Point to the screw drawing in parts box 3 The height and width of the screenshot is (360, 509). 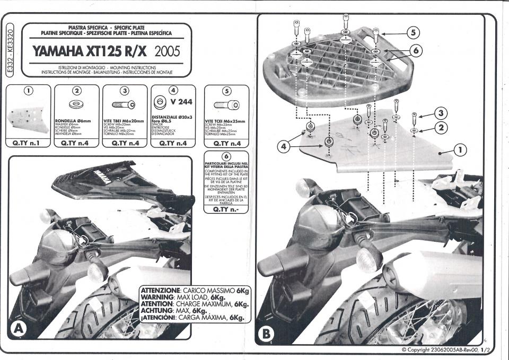click(124, 104)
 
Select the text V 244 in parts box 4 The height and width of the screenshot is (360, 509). click(181, 102)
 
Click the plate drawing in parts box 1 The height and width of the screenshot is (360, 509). click(29, 119)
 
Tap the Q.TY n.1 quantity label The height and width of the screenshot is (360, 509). click(29, 143)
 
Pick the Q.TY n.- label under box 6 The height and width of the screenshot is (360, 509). click(226, 209)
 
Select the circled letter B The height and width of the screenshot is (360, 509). click(266, 334)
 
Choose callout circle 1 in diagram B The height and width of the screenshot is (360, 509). click(461, 151)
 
